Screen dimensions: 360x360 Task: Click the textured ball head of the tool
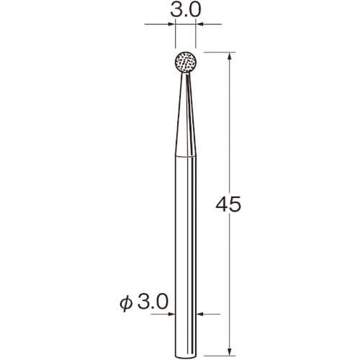tap(186, 63)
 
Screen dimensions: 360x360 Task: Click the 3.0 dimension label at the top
tap(185, 10)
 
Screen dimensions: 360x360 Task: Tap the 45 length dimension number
tap(228, 204)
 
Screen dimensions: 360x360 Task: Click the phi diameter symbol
tap(126, 303)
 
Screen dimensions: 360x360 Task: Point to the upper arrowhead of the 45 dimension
tap(230, 56)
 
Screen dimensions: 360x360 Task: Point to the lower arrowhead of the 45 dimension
tap(230, 351)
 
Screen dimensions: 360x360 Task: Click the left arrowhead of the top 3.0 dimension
tap(171, 24)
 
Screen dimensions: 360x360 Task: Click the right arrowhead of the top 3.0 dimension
tap(200, 24)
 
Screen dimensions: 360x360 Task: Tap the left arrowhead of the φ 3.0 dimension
tap(171, 314)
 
